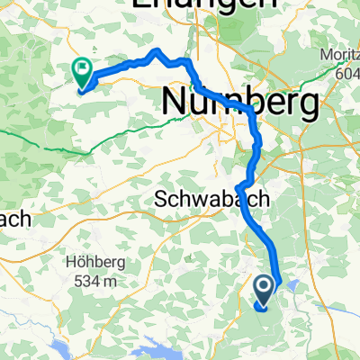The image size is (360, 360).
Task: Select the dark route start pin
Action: [265, 290]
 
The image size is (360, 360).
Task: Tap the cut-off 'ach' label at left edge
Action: [15, 218]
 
